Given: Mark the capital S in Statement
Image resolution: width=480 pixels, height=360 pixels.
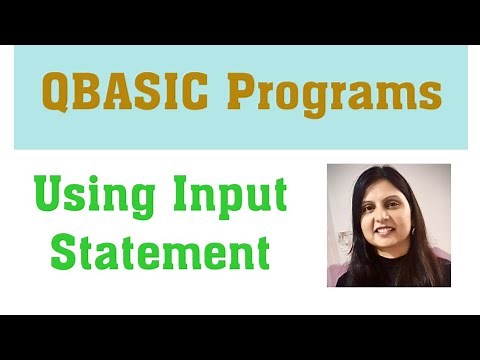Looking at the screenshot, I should coord(64,250).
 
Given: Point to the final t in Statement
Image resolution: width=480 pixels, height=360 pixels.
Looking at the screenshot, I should coord(262,250).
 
